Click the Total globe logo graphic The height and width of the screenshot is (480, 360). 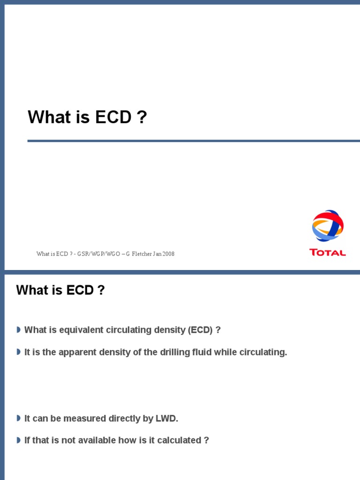point(328,225)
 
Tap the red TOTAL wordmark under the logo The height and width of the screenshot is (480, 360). point(328,253)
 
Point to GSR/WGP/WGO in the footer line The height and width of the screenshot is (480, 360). point(98,254)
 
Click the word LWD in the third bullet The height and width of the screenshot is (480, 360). point(169,419)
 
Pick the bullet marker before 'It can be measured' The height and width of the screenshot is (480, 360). point(18,418)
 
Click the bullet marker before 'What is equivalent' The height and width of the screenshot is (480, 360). point(18,330)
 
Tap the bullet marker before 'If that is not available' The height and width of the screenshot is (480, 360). point(18,440)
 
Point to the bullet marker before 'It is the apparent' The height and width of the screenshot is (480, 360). point(18,352)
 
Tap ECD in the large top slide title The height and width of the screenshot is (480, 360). point(113,117)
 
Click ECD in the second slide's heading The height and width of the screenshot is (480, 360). point(80,290)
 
